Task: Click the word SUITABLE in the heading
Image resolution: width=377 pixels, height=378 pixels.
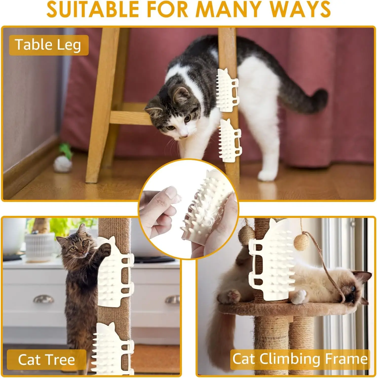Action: [92, 10]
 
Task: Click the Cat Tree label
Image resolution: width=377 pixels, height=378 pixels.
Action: [47, 360]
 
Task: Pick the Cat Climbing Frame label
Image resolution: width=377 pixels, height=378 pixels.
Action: [300, 359]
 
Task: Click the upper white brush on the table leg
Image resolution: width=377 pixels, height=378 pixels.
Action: [227, 90]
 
